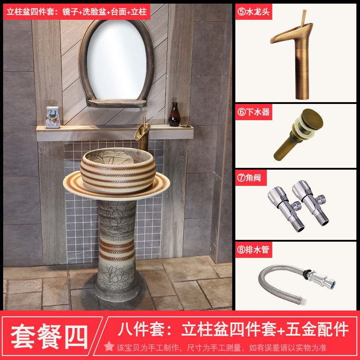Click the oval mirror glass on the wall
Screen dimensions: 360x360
click(117, 60)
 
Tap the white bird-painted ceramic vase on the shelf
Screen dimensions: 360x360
click(53, 117)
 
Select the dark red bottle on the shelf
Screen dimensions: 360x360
click(175, 115)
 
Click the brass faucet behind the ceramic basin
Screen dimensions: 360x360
click(143, 134)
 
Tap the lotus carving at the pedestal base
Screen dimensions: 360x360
click(116, 277)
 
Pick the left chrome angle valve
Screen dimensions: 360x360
click(285, 208)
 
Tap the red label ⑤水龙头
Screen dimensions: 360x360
click(254, 12)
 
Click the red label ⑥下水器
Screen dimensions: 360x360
click(254, 112)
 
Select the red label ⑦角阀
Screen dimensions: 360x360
click(251, 178)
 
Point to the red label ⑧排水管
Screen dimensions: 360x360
click(254, 250)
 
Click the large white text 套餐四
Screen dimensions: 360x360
click(49, 336)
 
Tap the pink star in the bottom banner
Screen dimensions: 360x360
click(109, 346)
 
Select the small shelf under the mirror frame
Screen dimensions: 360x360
click(117, 103)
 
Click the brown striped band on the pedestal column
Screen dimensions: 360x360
click(117, 250)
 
